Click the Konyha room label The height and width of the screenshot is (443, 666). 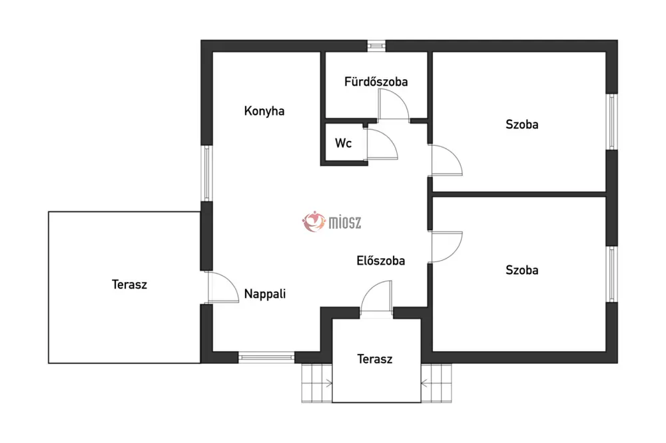tap(264, 111)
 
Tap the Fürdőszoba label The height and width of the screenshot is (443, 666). tap(376, 81)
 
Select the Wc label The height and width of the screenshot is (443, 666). tap(343, 143)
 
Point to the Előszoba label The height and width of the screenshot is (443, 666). tap(380, 261)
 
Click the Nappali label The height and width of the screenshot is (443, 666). tap(264, 293)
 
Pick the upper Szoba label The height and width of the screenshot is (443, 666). tap(521, 124)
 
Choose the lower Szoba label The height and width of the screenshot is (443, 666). tap(521, 270)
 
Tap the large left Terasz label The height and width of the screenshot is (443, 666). tap(129, 284)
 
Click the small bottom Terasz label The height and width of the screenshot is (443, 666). tap(374, 359)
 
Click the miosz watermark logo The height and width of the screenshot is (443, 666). tap(332, 222)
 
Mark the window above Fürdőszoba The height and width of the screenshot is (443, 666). tap(376, 45)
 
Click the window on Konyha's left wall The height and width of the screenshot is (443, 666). tap(206, 173)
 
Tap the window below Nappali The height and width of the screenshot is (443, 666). tap(266, 358)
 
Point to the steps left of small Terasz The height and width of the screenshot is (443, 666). tap(316, 383)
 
